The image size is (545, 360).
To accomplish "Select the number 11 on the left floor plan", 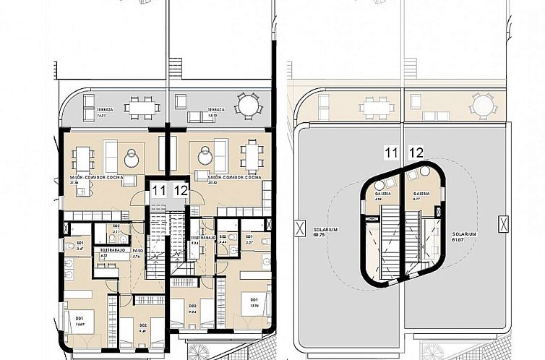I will [159, 191].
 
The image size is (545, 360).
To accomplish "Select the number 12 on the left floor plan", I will [181, 191].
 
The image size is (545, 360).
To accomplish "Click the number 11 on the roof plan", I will [392, 153].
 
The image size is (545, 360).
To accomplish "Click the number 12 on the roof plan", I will [416, 153].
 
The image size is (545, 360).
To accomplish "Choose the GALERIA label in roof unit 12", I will [422, 194].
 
